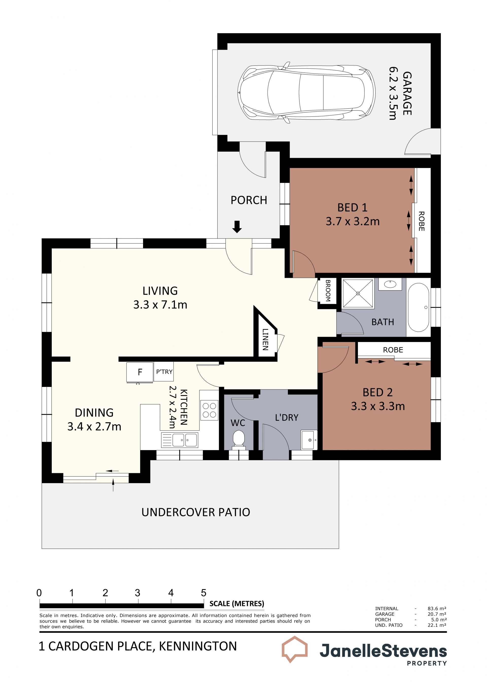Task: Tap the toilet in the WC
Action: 239,440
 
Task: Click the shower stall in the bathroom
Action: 358,293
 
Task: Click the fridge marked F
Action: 140,372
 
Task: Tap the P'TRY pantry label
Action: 164,372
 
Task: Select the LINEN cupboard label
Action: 265,339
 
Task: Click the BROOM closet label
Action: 328,291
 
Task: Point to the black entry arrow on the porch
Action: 237,227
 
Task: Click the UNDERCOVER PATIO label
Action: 196,512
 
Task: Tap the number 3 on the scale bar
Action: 137,593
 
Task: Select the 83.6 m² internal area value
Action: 437,608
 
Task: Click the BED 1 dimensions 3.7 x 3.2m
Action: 353,221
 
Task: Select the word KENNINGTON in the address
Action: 198,646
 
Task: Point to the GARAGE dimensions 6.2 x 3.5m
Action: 393,93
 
